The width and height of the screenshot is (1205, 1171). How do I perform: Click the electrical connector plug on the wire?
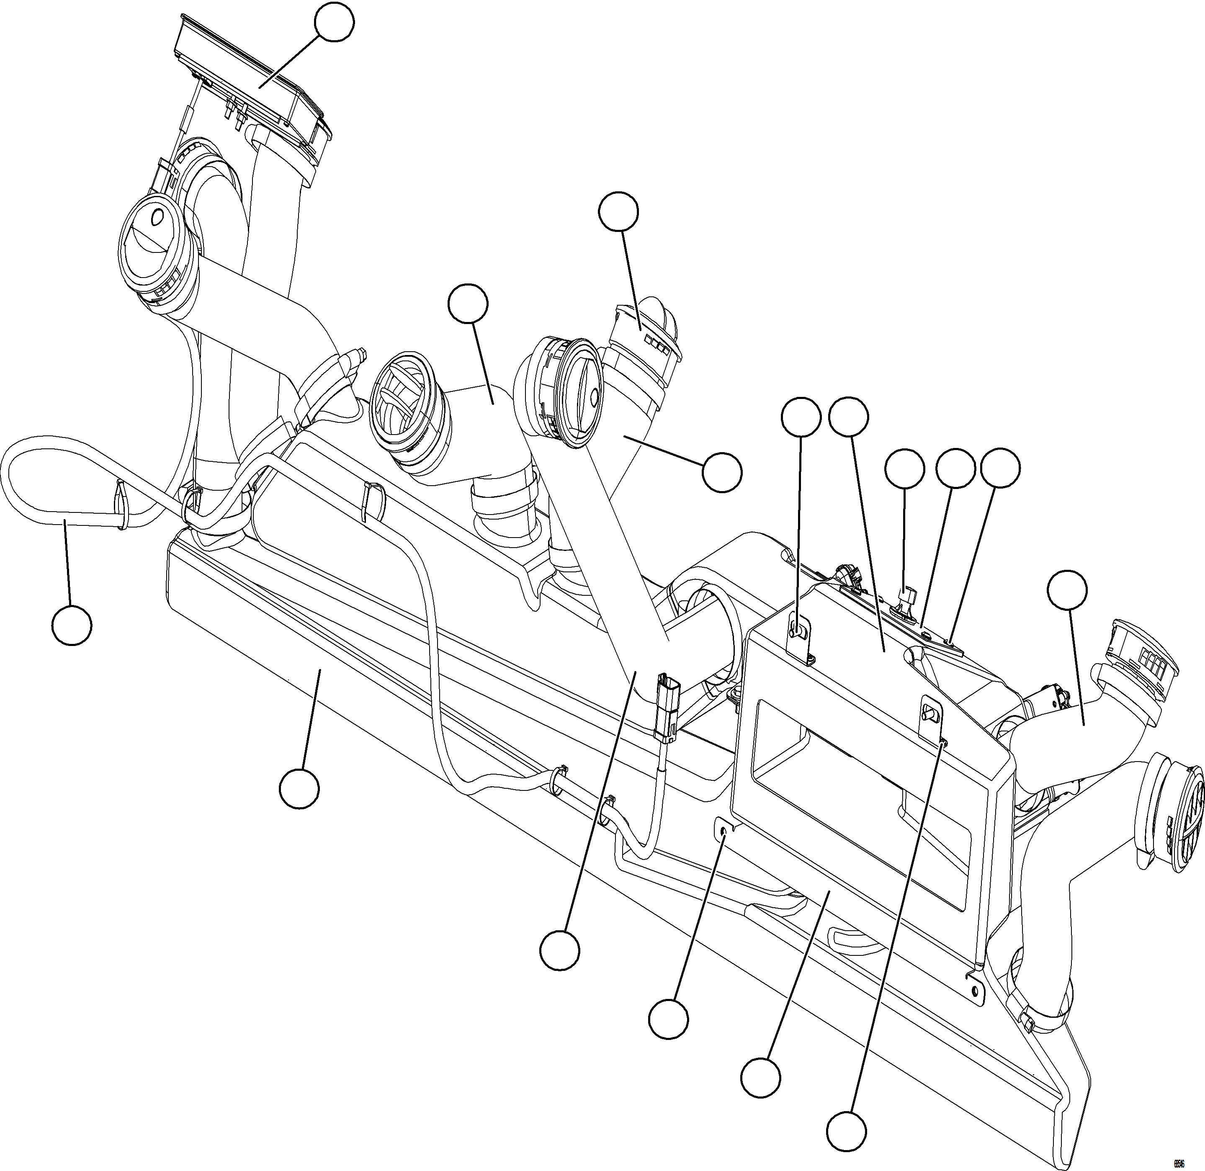tap(667, 707)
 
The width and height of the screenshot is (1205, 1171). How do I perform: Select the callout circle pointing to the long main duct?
tap(299, 788)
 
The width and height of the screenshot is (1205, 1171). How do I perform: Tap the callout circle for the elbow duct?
tap(468, 303)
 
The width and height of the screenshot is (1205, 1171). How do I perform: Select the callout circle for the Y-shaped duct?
tap(722, 472)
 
